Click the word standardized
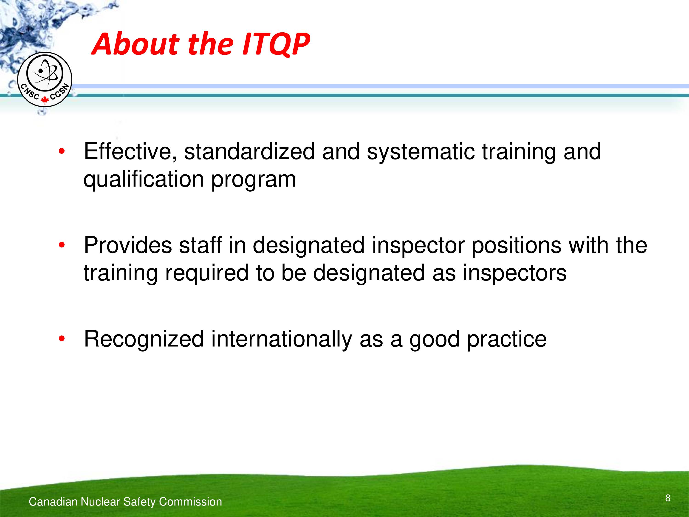tap(249, 151)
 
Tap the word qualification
tap(144, 180)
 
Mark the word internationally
tap(281, 339)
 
